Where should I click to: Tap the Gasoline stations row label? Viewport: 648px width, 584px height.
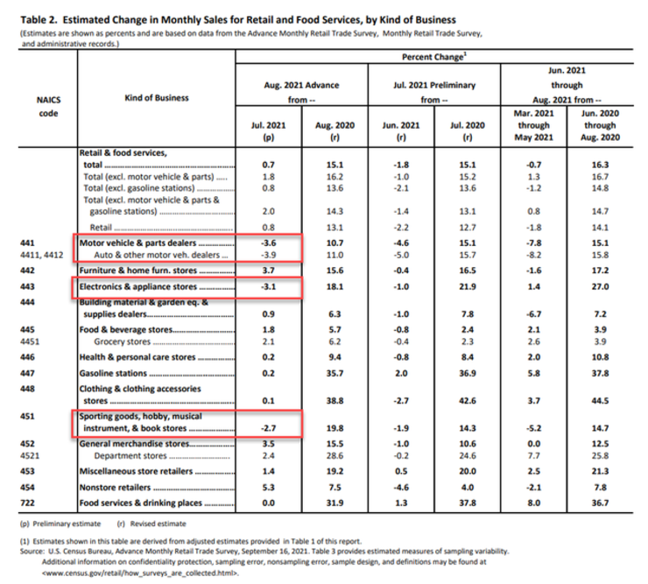coord(113,372)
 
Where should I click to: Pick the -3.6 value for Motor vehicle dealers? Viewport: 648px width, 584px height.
coord(269,242)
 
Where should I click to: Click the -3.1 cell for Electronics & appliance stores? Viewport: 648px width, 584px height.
coord(269,285)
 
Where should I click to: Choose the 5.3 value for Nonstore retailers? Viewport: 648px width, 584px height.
coord(269,488)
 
